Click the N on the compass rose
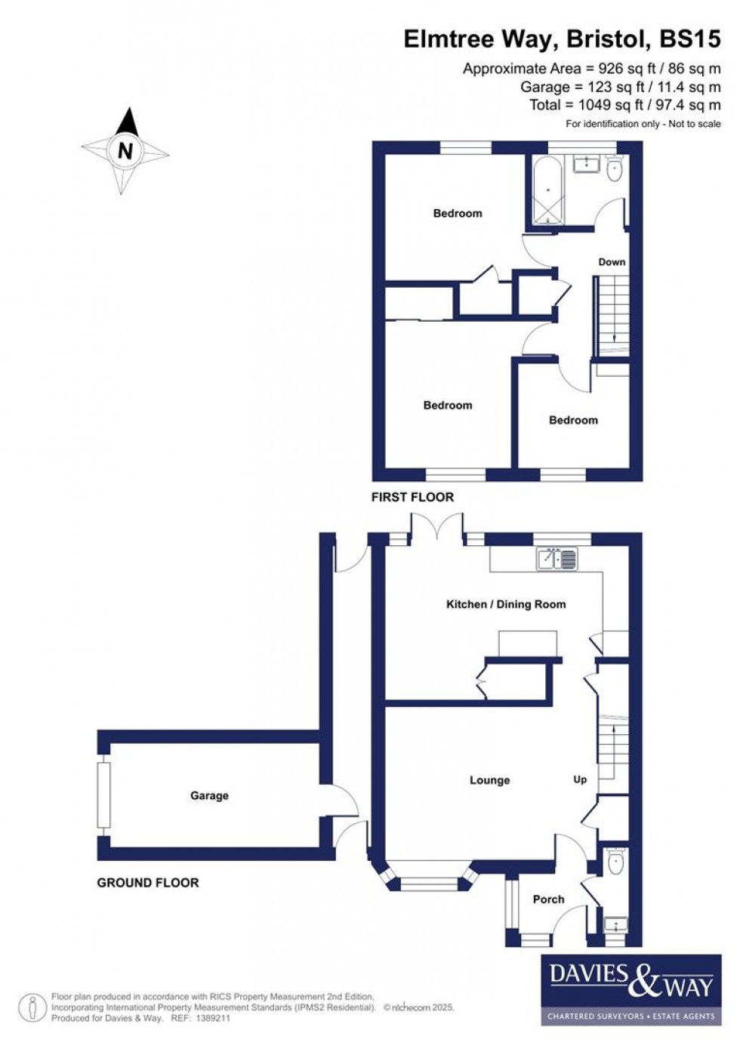[x=125, y=150]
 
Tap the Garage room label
[x=209, y=795]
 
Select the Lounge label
[x=489, y=780]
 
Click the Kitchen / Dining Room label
[x=505, y=604]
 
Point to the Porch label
[x=548, y=899]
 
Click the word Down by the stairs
[x=612, y=262]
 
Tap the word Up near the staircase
[x=580, y=779]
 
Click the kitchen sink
[x=557, y=559]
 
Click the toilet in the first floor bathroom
[x=615, y=169]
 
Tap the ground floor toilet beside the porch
[x=615, y=862]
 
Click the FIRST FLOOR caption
[x=412, y=497]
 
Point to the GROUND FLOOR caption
[x=148, y=882]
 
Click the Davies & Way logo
[x=631, y=989]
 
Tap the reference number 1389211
[x=212, y=1018]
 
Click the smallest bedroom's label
[x=573, y=420]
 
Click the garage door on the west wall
[x=104, y=795]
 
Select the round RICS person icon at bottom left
[x=32, y=1007]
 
